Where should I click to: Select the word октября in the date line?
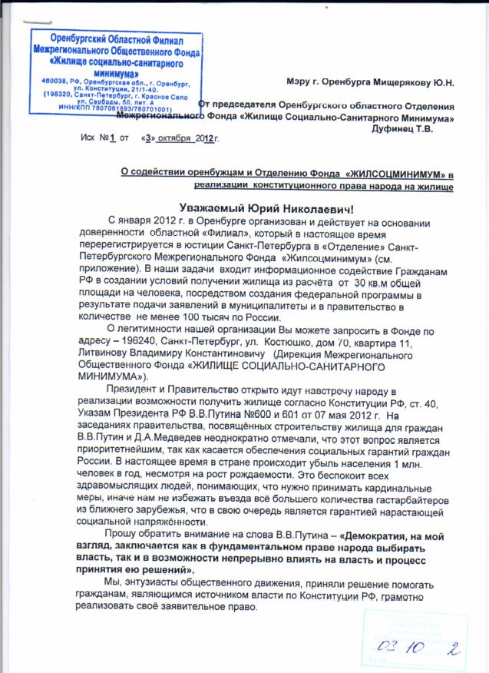(174, 140)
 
